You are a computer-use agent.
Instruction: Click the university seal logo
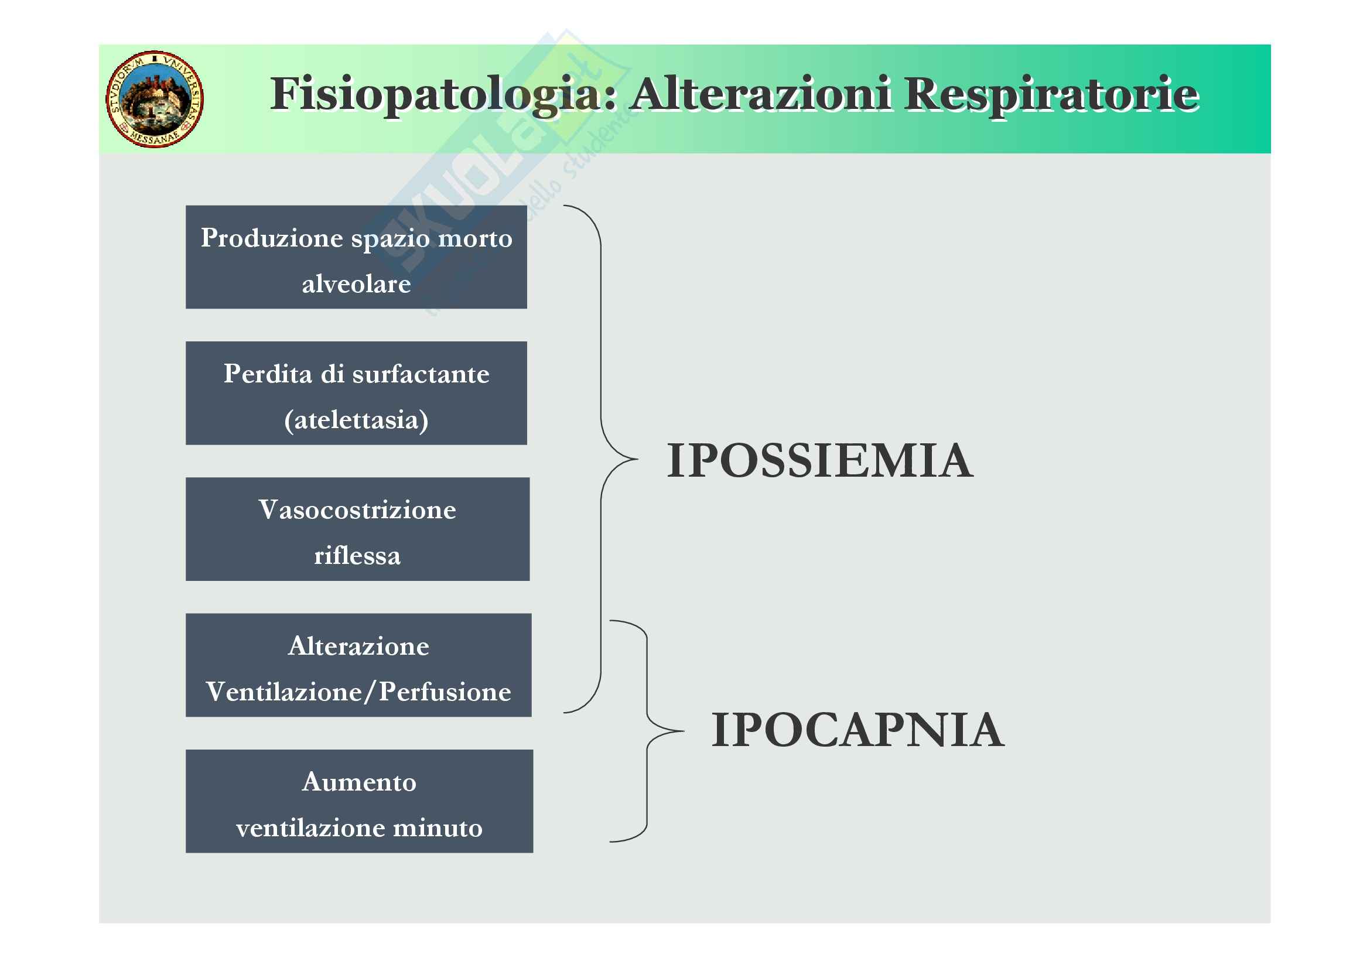[155, 99]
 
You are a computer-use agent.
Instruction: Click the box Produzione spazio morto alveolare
[356, 257]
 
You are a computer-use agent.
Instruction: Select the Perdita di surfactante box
[356, 393]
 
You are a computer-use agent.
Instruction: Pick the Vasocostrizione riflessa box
[357, 529]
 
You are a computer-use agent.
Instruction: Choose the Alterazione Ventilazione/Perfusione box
[358, 665]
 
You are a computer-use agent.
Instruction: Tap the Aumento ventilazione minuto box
[359, 801]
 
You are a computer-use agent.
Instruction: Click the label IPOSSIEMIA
[820, 460]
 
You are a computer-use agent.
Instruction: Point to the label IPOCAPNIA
[857, 730]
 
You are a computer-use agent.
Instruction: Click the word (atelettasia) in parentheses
[356, 420]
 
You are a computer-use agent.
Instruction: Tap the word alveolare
[356, 284]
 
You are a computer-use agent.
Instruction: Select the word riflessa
[357, 556]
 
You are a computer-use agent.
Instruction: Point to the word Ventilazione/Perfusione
[358, 692]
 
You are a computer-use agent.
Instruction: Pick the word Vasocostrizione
[357, 510]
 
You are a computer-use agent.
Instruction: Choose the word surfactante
[421, 374]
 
